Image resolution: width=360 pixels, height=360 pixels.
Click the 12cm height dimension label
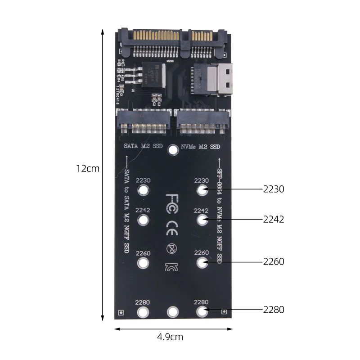(87, 169)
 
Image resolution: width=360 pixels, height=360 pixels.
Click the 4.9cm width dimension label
(170, 337)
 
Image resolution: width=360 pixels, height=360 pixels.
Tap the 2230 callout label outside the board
(274, 189)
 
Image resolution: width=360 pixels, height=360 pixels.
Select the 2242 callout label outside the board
(274, 220)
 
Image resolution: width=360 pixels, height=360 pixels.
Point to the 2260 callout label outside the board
(274, 261)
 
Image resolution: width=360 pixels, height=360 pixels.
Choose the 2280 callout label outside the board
(274, 310)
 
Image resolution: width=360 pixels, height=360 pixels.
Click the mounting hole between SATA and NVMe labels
(173, 150)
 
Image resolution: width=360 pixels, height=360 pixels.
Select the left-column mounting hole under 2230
(143, 190)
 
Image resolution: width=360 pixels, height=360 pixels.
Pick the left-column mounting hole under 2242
(143, 220)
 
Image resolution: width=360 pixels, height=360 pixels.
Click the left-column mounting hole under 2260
(143, 263)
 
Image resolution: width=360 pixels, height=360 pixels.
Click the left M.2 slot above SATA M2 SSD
(144, 121)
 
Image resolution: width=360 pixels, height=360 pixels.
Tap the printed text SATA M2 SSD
(143, 147)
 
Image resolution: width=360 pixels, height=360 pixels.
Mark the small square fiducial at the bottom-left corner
(120, 313)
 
